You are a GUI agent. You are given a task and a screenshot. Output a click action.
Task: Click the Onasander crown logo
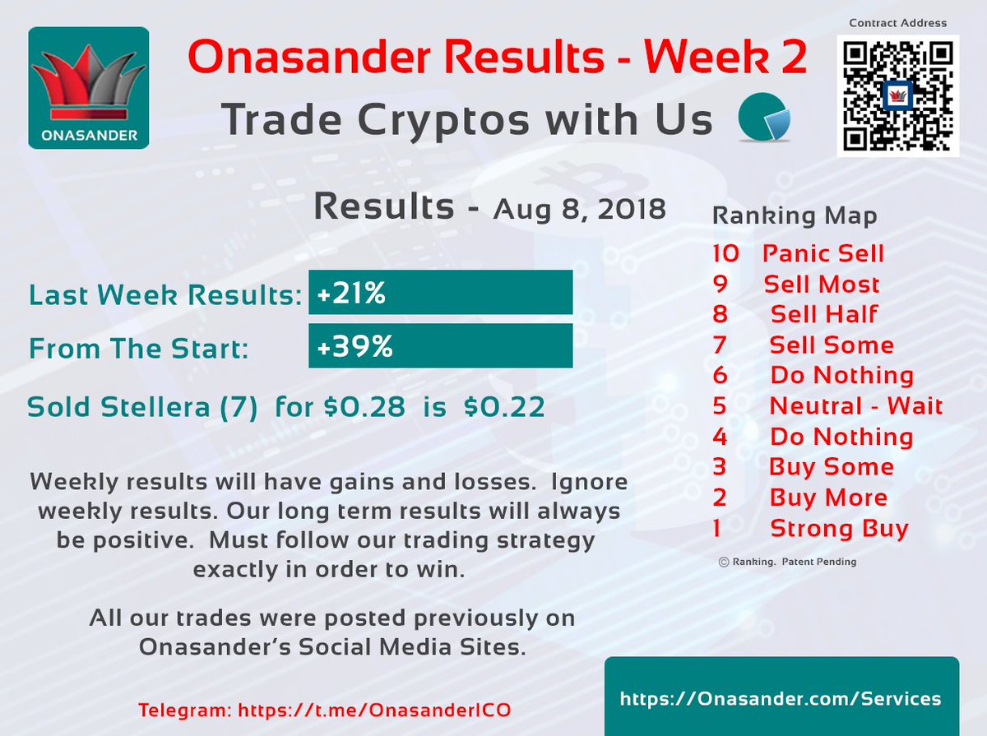88,88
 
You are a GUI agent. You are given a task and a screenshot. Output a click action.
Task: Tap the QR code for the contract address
897,95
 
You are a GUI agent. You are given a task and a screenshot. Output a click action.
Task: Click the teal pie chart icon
764,119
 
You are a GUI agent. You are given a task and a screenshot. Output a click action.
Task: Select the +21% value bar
440,293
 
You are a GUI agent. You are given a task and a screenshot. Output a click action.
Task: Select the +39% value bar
440,346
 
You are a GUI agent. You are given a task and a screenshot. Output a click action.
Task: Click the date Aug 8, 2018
579,209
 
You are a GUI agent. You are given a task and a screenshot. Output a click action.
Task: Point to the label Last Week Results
164,294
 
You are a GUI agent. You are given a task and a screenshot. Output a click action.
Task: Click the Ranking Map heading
794,216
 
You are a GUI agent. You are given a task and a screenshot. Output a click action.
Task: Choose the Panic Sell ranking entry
822,253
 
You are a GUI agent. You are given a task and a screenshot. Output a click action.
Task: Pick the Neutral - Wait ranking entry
855,405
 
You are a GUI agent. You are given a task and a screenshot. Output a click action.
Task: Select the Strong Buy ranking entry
838,528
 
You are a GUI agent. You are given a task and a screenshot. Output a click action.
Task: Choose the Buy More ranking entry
827,498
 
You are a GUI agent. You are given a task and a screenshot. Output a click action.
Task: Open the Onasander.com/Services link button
781,698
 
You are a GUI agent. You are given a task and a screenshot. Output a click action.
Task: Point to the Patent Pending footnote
787,562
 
